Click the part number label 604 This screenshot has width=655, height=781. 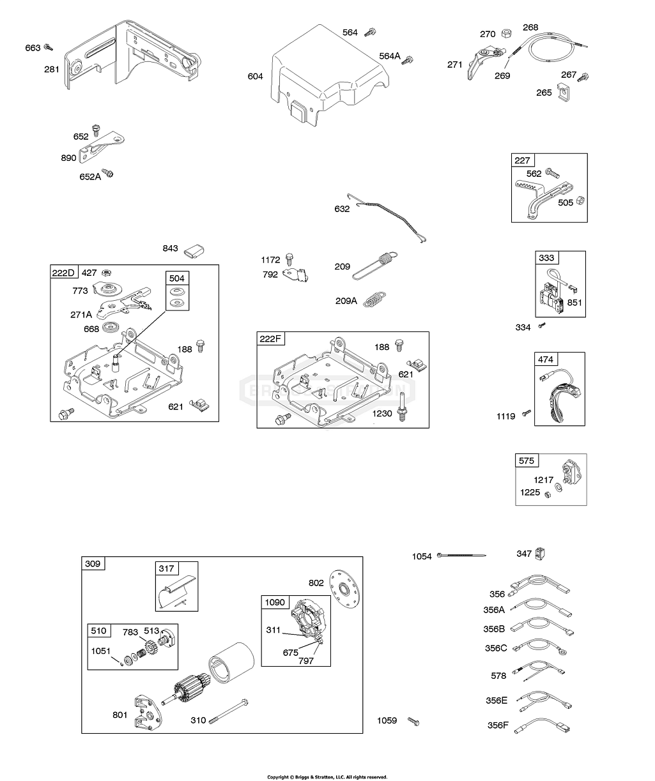[255, 77]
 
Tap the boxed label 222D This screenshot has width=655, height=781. [63, 273]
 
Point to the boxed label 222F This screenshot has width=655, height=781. [270, 339]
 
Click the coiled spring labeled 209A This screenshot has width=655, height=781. [375, 299]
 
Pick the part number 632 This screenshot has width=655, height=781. [342, 209]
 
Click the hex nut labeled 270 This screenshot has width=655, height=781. [505, 33]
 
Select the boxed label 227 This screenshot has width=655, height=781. [522, 161]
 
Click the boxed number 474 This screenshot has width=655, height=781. [545, 360]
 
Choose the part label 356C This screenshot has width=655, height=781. [496, 648]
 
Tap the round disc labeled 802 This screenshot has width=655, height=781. [345, 584]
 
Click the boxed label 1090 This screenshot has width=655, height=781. [275, 602]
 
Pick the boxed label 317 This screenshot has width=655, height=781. [167, 568]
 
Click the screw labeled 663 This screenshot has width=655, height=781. [49, 47]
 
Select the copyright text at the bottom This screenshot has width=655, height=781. [327, 777]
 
